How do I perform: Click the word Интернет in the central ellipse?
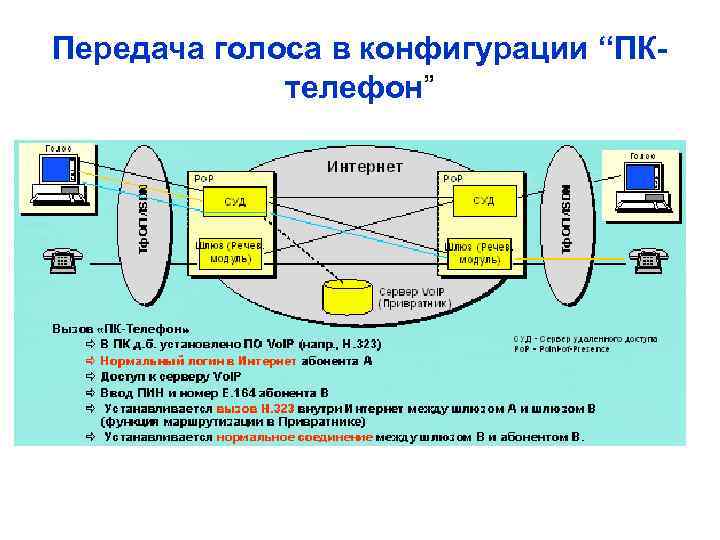(x=366, y=166)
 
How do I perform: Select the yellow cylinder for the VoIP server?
(x=346, y=296)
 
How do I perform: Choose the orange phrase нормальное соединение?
(x=294, y=437)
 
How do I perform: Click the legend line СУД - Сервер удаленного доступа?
(x=586, y=340)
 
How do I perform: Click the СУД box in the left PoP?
(x=235, y=202)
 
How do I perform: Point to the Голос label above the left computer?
(x=56, y=149)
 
